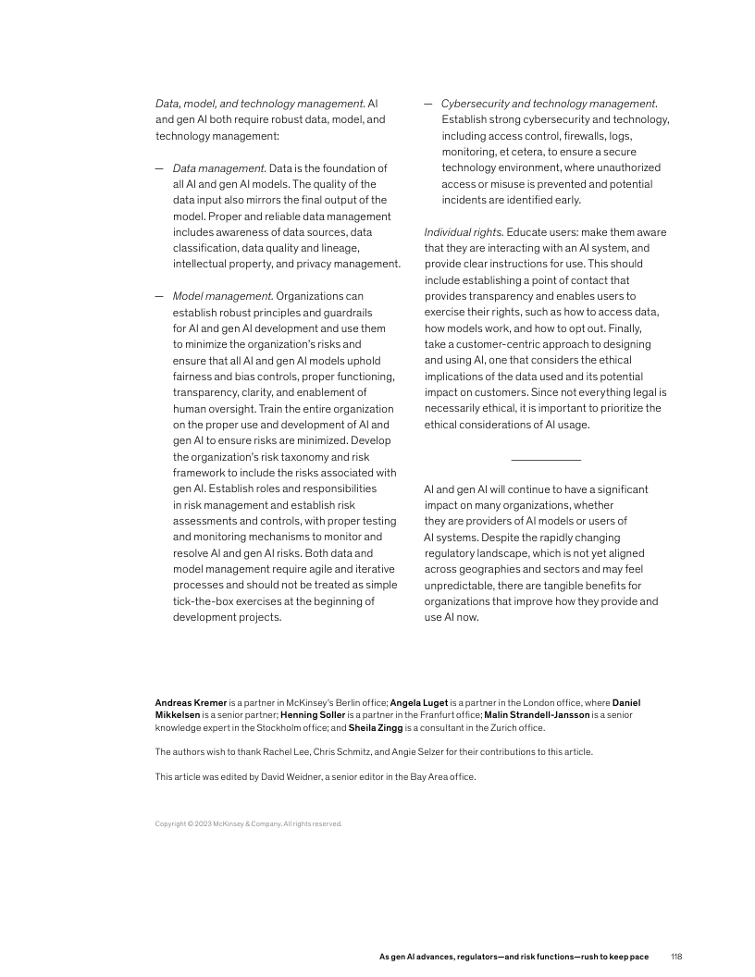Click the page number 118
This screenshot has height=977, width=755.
(676, 956)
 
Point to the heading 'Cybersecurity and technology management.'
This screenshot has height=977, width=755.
(550, 104)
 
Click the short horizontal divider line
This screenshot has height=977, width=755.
(545, 460)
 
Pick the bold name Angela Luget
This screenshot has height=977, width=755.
(419, 703)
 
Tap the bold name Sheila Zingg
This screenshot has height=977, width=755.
(377, 727)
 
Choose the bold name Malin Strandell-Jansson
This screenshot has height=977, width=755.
(537, 715)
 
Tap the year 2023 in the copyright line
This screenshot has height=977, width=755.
(199, 823)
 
